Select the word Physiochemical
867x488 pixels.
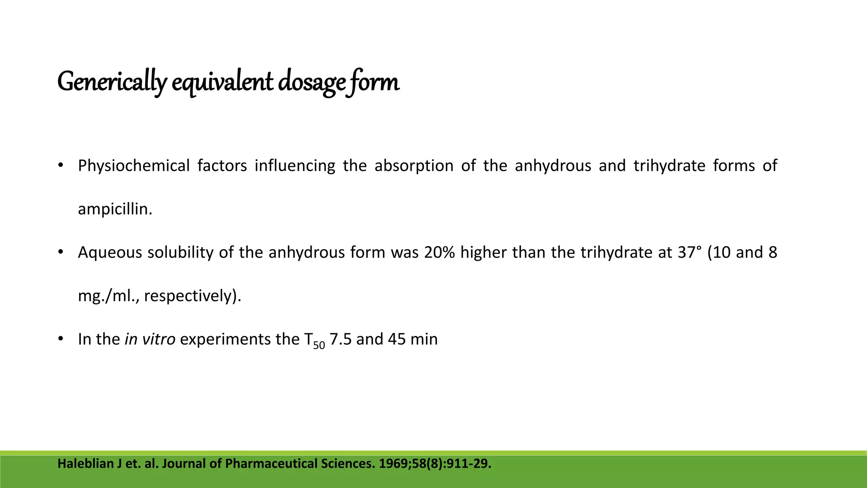point(134,166)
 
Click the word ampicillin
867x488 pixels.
point(115,209)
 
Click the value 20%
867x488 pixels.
point(439,252)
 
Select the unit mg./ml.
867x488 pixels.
point(108,296)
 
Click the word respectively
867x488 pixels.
point(190,296)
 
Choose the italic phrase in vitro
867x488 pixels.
point(150,339)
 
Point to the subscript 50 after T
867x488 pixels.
point(319,345)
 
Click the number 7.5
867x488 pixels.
point(340,339)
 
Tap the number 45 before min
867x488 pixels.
point(397,339)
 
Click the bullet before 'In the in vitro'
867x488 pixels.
point(61,339)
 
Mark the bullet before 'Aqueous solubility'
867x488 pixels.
point(61,252)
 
